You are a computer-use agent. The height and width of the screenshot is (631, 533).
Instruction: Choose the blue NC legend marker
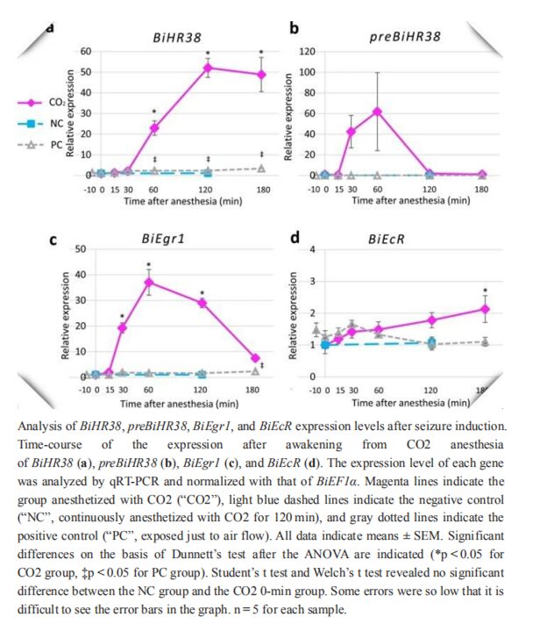[x=32, y=125]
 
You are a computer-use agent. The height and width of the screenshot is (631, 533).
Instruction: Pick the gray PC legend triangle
[x=32, y=145]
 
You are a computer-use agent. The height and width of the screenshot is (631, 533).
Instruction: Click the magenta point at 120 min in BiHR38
[x=208, y=68]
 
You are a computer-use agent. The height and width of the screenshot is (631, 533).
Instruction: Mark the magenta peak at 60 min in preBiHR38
[x=377, y=111]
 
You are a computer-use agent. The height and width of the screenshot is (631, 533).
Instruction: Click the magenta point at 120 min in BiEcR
[x=431, y=319]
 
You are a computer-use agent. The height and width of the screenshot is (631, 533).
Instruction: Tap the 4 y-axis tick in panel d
[x=309, y=249]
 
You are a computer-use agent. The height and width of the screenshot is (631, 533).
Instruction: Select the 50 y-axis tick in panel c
[x=79, y=249]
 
